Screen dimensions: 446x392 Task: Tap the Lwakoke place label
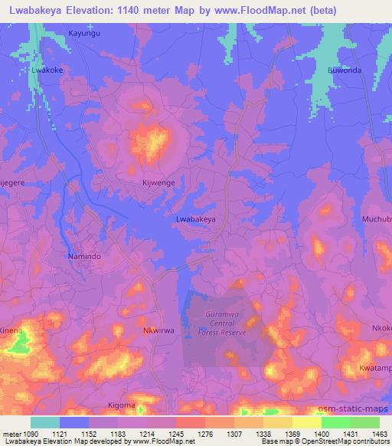click(46, 69)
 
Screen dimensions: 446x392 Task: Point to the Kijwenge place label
click(159, 185)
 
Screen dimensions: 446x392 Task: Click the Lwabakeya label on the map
click(195, 219)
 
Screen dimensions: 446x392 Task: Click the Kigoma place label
click(121, 405)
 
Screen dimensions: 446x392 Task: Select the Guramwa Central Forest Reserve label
click(226, 323)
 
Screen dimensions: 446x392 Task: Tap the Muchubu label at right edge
click(376, 219)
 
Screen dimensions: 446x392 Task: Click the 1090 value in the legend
click(30, 434)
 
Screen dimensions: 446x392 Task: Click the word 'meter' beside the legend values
click(11, 434)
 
